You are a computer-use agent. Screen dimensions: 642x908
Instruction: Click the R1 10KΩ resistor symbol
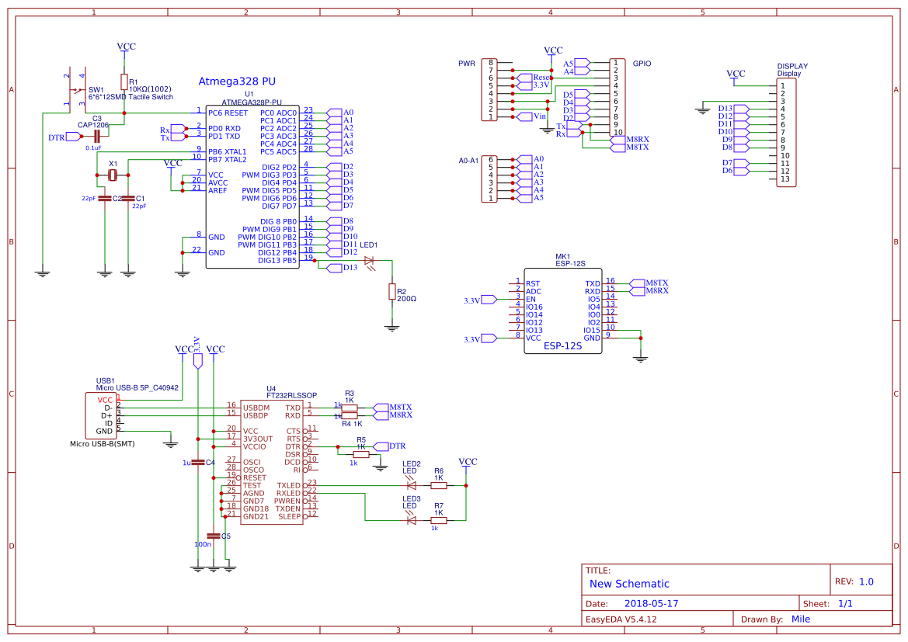124,82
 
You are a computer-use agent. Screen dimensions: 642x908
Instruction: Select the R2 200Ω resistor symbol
392,291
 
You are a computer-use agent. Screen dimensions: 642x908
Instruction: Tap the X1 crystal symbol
113,175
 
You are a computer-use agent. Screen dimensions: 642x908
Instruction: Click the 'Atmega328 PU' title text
237,81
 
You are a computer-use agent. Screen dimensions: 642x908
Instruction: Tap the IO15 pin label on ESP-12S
592,330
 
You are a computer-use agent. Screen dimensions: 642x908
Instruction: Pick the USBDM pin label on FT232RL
256,407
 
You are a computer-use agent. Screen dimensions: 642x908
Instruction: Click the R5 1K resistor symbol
361,454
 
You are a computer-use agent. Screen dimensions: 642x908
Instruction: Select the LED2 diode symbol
411,486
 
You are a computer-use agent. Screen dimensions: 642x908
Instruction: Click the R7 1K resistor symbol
439,520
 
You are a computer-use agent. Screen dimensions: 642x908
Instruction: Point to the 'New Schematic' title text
629,584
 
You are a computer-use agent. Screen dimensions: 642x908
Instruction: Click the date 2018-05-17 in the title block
651,603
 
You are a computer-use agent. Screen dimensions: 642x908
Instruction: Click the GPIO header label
642,63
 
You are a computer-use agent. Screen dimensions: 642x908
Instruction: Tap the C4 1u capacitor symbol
198,462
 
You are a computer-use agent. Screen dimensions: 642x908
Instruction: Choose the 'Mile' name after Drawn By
801,619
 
